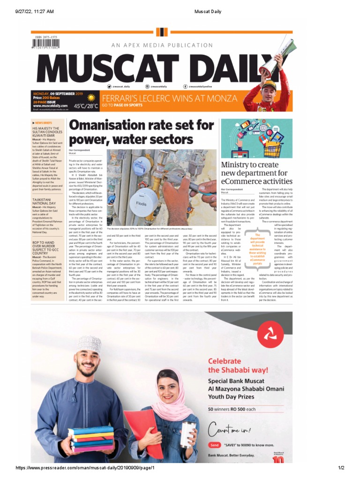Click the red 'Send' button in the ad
214,445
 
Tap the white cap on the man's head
89,345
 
